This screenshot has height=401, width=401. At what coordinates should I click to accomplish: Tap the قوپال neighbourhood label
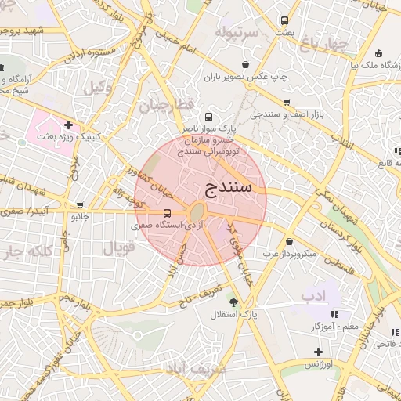coord(119,247)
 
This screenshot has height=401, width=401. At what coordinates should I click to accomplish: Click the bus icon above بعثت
coord(284,21)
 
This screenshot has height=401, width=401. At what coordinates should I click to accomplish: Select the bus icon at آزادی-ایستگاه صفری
coord(168,212)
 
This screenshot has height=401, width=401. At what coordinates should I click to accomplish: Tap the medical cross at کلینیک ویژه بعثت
coord(69,124)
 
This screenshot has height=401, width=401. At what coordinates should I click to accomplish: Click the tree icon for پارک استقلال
coord(233,302)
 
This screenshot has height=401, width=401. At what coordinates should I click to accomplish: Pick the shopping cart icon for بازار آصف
coord(287,103)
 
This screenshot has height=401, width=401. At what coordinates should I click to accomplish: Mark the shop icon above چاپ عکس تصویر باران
coord(247,65)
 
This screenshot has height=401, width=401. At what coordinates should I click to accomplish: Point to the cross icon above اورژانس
coord(318,352)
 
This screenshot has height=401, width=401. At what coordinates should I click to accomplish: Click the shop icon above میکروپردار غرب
coord(291,241)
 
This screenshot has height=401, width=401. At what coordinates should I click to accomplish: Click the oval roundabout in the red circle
coord(198,213)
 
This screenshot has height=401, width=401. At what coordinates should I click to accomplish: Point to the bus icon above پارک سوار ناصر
coord(208,114)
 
